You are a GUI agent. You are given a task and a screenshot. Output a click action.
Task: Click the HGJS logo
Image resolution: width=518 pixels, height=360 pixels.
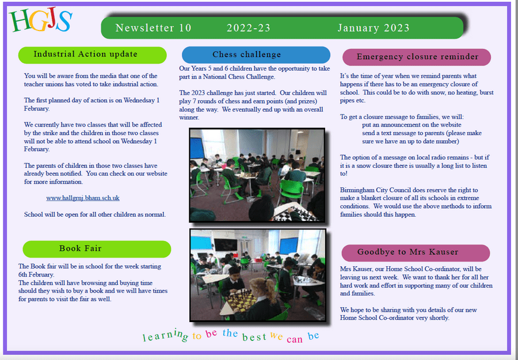pos(40,21)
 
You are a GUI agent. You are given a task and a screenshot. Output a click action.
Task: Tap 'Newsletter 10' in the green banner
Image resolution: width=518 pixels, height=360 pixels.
pos(153,28)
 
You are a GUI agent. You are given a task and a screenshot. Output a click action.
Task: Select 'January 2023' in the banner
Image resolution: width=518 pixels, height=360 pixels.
pos(374,28)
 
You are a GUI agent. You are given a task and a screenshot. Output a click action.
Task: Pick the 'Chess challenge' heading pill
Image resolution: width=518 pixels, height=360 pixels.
pos(256,55)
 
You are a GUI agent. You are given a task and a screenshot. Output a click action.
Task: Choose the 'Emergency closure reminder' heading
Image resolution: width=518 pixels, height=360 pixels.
pos(417,57)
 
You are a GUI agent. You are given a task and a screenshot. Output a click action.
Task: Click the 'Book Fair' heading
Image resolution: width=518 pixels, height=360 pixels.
pos(97,249)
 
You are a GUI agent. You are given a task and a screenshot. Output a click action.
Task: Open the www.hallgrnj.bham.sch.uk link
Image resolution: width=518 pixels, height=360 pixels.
pos(83,198)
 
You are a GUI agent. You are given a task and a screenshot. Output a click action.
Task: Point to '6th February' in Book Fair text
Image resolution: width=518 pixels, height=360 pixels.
pos(36,274)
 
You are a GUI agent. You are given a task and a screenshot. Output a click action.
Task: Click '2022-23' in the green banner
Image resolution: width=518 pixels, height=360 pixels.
pos(249,28)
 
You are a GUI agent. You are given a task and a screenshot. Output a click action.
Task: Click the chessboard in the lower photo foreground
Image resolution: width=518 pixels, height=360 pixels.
pos(240,300)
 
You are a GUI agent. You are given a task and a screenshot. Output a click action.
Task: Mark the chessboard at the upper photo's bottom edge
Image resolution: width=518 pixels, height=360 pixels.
pos(294,215)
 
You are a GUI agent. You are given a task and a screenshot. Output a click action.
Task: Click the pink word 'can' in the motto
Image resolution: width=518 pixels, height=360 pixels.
pos(294,339)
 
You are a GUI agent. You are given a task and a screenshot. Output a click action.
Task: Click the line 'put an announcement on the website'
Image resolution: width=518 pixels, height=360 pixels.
pos(412,125)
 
